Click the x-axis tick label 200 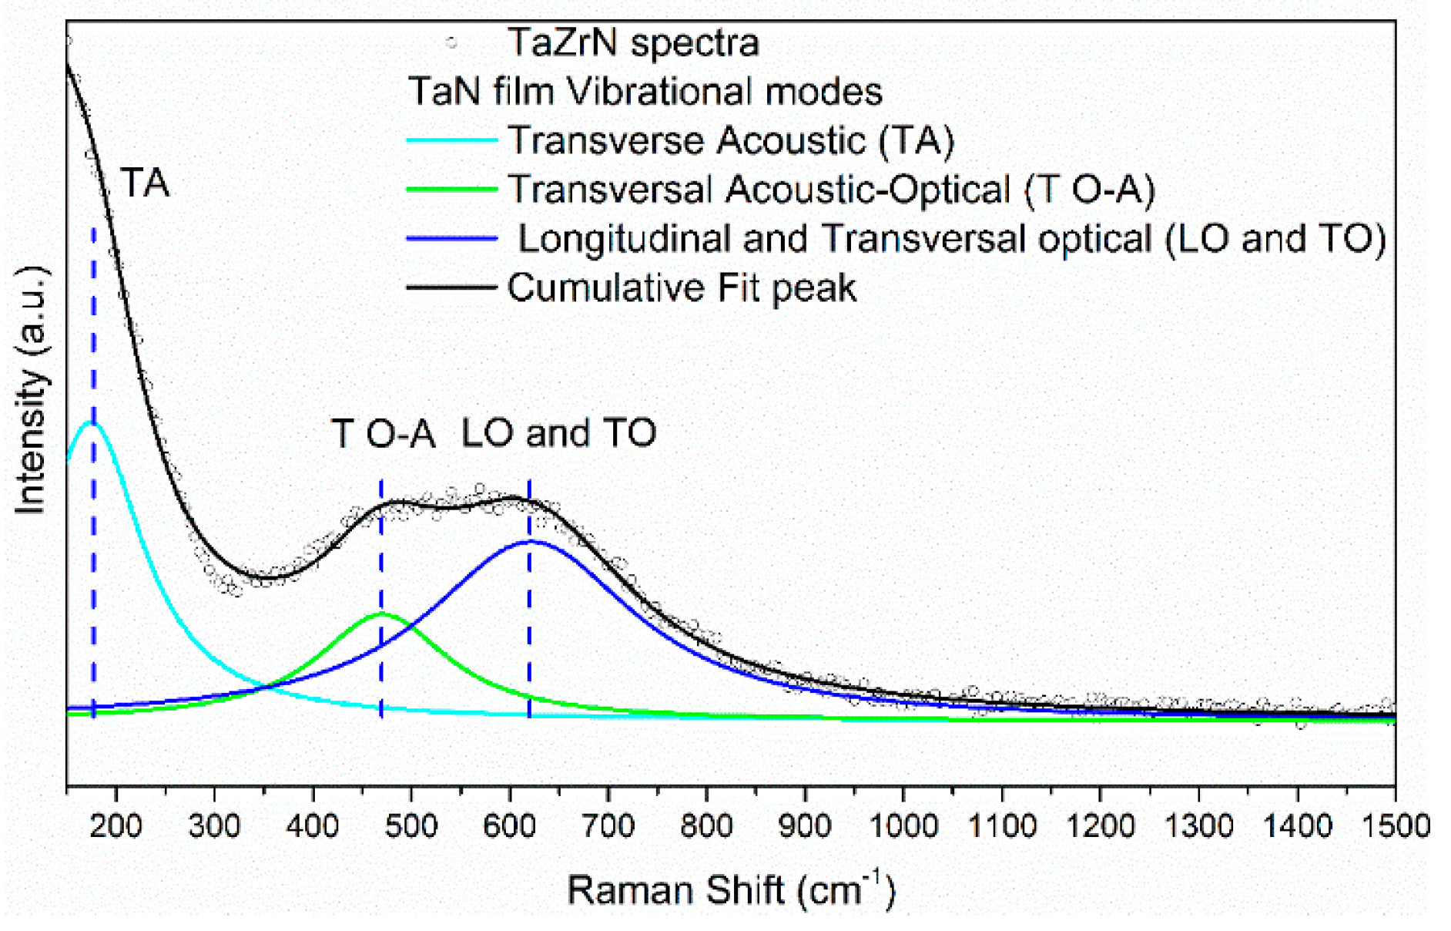pos(116,826)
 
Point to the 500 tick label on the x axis pos(411,826)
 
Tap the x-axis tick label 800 pos(706,826)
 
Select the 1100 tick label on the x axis pos(1001,826)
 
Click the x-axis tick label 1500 pos(1394,826)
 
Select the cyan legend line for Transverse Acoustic pos(452,140)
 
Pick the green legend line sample pos(452,190)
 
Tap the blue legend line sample pos(452,239)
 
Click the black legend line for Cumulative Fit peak pos(452,287)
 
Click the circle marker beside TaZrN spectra pos(452,43)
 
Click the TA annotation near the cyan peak pos(145,183)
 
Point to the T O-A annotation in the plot pos(383,433)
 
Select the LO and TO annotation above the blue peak pos(558,433)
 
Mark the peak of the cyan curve pos(94,422)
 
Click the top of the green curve pos(382,613)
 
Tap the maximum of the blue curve pos(531,541)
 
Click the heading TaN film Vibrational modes pos(645,92)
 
